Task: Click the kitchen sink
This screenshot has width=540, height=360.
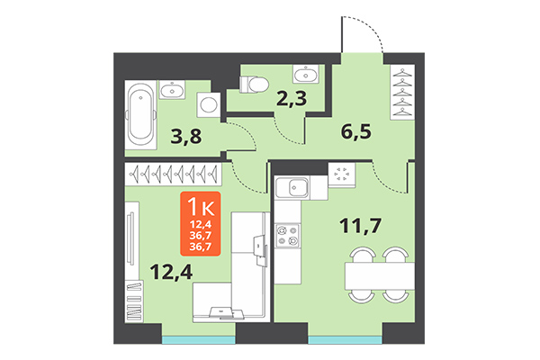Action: click(293, 187)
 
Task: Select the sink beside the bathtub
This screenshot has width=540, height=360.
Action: click(171, 89)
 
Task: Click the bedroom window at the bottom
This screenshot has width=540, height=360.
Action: click(199, 339)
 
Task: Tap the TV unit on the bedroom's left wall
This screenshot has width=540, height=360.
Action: click(132, 244)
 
